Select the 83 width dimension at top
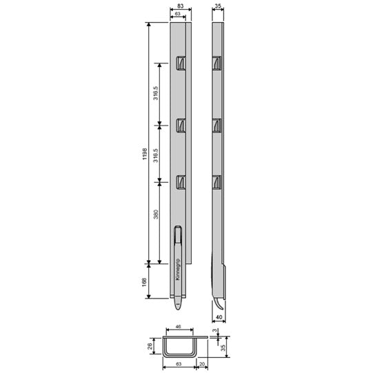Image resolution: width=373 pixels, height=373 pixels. [180, 6]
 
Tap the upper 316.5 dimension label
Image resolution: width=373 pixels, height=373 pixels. [157, 94]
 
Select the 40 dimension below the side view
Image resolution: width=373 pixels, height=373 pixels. [219, 318]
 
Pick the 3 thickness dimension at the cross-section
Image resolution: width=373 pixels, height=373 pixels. [219, 332]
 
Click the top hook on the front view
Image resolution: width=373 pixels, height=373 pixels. [181, 63]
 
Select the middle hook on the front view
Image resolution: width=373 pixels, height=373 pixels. [181, 124]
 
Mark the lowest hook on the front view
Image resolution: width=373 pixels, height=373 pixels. [181, 182]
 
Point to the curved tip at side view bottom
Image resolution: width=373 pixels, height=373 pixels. [216, 304]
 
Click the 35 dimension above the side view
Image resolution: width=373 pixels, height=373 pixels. [219, 6]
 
